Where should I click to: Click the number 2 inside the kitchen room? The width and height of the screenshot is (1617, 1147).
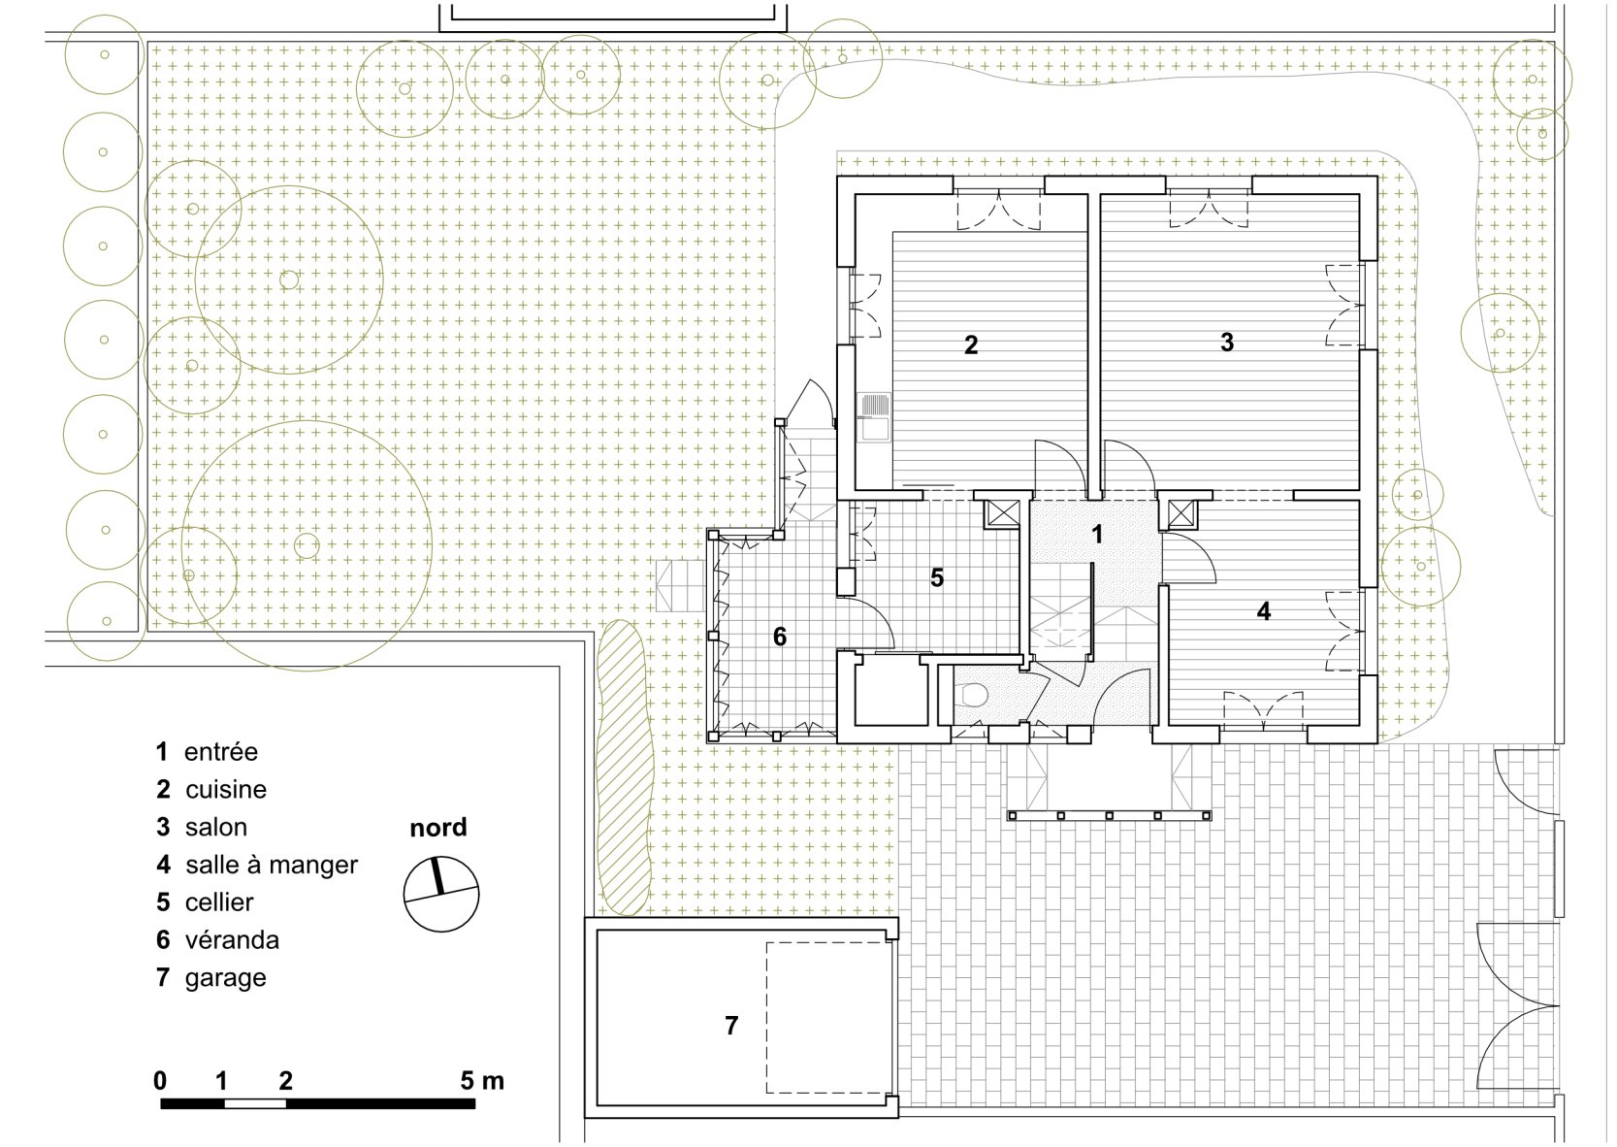coord(971,345)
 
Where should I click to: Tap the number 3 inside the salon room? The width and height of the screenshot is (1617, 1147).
coord(1227,343)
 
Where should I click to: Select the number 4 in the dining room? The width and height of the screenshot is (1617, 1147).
coord(1263,611)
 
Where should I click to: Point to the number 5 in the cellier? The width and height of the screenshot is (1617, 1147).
coord(937,577)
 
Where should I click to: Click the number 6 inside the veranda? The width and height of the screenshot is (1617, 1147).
coord(780,637)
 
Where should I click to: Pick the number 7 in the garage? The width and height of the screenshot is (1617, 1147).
coord(731,1026)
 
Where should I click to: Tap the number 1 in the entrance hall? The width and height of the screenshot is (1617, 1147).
coord(1097,535)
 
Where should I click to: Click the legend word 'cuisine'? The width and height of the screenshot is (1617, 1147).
coord(226,790)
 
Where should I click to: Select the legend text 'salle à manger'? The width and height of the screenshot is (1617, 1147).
coord(272,865)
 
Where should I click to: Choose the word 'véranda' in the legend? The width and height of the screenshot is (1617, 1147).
coord(232,939)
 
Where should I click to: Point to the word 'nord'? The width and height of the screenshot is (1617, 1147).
coord(438,827)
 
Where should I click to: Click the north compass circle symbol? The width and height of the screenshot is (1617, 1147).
coord(441,894)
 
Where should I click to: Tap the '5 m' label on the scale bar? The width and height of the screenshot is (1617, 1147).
coord(482,1081)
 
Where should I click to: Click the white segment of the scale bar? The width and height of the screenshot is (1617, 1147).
coord(255,1103)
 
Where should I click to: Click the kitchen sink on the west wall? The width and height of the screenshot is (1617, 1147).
coord(873,416)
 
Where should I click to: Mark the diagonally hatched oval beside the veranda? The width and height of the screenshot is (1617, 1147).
coord(625,767)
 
